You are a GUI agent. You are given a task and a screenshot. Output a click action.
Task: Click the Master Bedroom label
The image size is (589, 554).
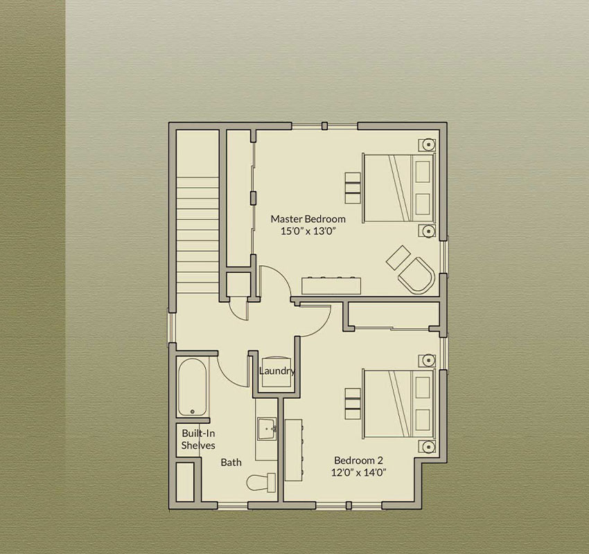(308, 219)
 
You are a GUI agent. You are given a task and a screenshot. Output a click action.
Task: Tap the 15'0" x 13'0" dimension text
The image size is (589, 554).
(308, 231)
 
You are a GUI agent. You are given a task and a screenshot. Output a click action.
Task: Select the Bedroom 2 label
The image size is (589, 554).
(358, 460)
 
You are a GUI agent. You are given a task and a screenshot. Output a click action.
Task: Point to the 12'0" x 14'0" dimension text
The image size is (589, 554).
(358, 472)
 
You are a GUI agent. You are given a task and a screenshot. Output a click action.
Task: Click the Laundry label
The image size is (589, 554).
(277, 371)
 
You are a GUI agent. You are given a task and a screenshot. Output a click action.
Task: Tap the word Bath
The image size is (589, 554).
(231, 463)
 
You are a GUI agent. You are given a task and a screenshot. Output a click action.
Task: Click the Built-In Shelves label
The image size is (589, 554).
(198, 439)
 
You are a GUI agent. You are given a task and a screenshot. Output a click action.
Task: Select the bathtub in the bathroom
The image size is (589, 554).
(192, 387)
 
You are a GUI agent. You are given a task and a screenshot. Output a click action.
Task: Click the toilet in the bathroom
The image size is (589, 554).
(261, 483)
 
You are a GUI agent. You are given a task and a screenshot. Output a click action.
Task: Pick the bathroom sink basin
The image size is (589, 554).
(267, 429)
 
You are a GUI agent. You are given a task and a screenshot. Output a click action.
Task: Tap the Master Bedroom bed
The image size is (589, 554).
(399, 188)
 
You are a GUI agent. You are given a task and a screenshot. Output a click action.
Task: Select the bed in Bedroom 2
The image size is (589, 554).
(399, 404)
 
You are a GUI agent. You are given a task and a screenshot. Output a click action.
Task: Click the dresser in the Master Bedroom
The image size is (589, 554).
(331, 286)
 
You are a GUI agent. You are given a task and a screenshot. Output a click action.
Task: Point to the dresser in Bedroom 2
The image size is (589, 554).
(294, 450)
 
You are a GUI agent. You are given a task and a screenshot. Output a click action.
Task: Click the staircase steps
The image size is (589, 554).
(197, 235)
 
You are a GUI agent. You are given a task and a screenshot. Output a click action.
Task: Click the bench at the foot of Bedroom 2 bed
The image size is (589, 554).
(352, 404)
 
